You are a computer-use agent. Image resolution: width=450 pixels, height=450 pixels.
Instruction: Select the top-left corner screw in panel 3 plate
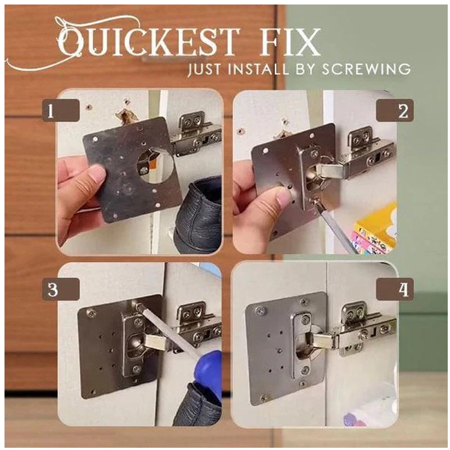click(90, 312)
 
